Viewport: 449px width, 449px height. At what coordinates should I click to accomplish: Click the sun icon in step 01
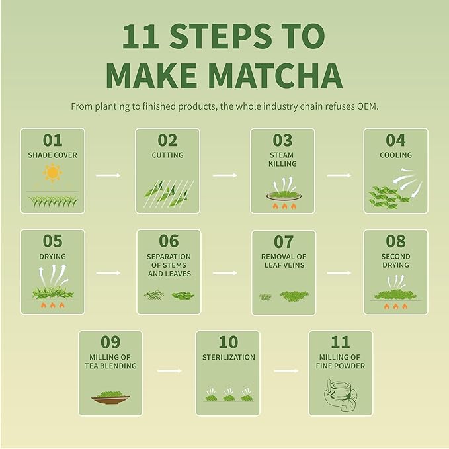[x=52, y=173]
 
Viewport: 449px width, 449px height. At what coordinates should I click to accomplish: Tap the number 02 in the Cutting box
[x=167, y=140]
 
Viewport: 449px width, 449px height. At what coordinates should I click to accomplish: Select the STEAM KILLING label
[x=282, y=159]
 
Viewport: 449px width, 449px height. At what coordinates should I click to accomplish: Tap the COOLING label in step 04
[x=396, y=155]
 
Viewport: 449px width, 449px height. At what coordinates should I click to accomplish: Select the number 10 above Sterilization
[x=227, y=342]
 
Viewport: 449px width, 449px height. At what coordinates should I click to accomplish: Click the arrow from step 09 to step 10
[x=170, y=371]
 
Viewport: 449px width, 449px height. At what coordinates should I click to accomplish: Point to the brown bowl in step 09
[x=110, y=397]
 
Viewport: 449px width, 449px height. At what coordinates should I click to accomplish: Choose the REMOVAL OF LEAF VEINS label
[x=283, y=261]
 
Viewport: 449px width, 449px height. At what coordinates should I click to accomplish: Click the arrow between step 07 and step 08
[x=339, y=272]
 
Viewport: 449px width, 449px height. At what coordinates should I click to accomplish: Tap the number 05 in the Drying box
[x=52, y=241]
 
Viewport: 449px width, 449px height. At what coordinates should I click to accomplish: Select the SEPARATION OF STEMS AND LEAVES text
[x=169, y=265]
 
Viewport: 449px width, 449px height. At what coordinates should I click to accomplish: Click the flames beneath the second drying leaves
[x=395, y=306]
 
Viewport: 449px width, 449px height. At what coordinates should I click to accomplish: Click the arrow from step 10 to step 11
[x=285, y=371]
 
